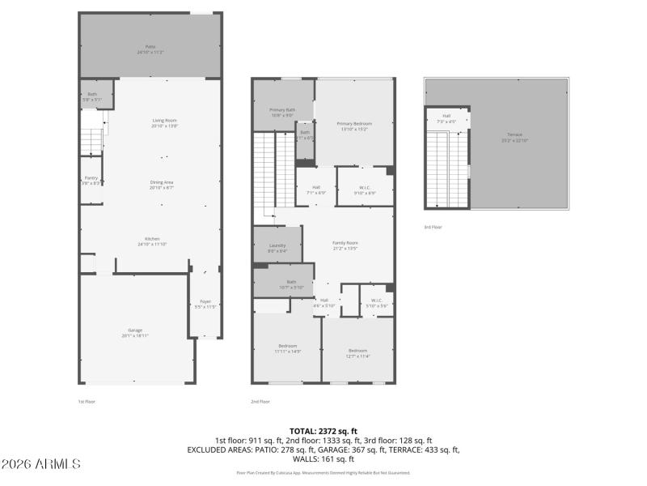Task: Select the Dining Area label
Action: [163, 184]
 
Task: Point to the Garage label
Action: [135, 332]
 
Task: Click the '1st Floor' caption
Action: [87, 401]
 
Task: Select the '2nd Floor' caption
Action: [260, 401]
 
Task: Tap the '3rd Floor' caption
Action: [433, 228]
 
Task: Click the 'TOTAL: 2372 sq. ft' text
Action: [323, 431]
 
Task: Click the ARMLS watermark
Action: [40, 464]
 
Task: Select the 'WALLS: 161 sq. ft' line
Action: [323, 458]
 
